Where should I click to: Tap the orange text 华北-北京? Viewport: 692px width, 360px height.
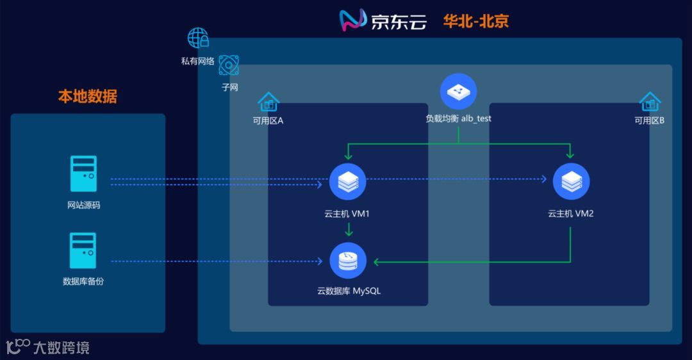pos(475,20)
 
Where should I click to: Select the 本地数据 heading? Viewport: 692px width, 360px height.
pos(88,97)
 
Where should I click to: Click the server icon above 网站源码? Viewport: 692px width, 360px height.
pos(83,174)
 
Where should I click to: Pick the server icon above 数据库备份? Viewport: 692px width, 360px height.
pos(83,250)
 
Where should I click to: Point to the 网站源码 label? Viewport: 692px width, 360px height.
pos(83,206)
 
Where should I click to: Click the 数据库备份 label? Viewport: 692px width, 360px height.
pos(83,281)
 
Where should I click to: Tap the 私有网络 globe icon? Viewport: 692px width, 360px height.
pos(198,38)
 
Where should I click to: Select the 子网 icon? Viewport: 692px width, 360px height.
pos(229,65)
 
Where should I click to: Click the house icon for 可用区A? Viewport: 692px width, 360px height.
pos(268,102)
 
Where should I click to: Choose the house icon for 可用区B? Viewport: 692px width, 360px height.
pos(650,102)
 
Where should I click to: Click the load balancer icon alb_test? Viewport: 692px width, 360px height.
pos(458,92)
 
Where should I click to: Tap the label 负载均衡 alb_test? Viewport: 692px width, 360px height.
pos(458,119)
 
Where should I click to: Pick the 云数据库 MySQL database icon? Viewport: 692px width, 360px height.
pos(347,261)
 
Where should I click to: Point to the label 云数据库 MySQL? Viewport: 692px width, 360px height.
pos(349,291)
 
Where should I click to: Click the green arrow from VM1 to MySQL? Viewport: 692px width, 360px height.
pos(348,230)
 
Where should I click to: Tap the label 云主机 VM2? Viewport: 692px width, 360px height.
pos(571,213)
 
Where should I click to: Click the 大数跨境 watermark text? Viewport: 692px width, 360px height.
pos(62,348)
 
